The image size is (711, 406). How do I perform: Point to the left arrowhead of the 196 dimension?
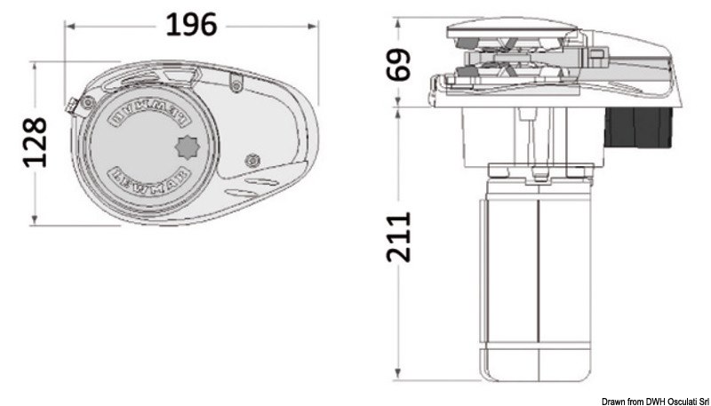(70, 26)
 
